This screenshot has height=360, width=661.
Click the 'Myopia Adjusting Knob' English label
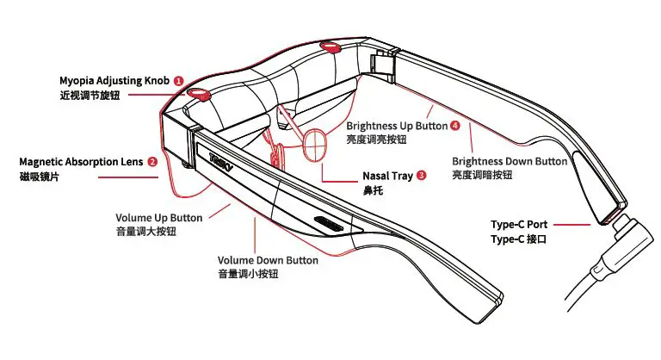pyautogui.click(x=114, y=80)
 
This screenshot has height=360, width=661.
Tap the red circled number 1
pyautogui.click(x=178, y=80)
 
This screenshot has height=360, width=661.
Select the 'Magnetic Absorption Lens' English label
pyautogui.click(x=82, y=161)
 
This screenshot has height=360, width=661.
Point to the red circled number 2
pyautogui.click(x=152, y=161)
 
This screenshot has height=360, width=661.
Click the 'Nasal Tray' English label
pyautogui.click(x=387, y=176)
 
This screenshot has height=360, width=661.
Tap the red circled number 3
pyautogui.click(x=421, y=176)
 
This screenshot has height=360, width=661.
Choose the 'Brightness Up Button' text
pyautogui.click(x=396, y=126)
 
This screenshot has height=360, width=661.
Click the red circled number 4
pyautogui.click(x=454, y=126)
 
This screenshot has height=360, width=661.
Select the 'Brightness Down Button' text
pyautogui.click(x=510, y=161)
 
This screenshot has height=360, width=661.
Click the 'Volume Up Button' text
pyautogui.click(x=159, y=217)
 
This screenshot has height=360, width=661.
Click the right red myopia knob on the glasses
pyautogui.click(x=330, y=45)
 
